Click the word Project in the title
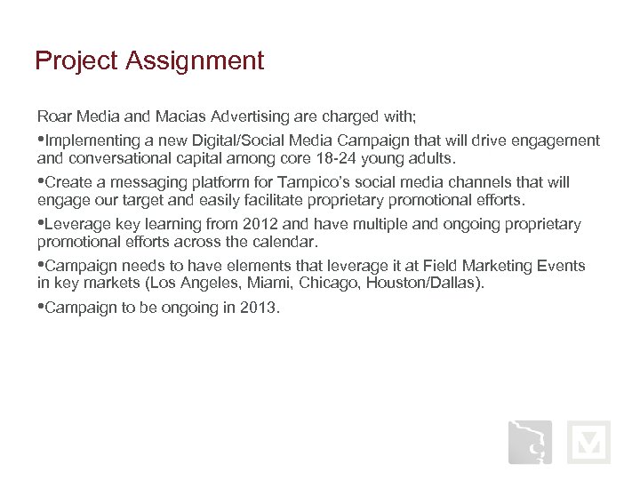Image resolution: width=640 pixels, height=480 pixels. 76,62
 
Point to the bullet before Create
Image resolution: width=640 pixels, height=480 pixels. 40,182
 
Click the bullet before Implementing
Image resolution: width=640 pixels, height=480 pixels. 40,140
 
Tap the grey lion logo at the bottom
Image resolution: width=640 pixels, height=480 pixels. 530,442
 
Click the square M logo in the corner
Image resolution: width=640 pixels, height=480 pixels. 588,442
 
